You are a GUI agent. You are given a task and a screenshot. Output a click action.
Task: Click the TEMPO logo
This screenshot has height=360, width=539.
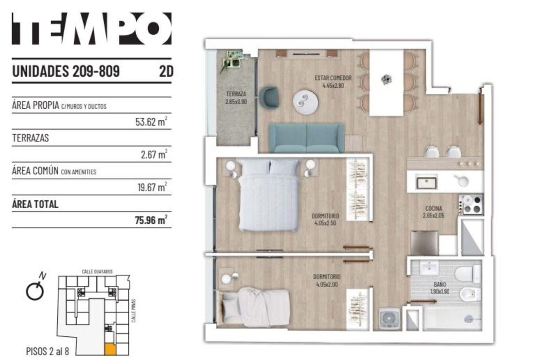pos(92,28)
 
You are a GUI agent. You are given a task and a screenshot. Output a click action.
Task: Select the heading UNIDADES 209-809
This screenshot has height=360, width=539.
pos(66,71)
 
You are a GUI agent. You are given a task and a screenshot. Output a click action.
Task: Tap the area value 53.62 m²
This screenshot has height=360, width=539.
pos(151,121)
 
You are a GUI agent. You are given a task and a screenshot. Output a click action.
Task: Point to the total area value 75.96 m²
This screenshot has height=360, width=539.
pos(151,220)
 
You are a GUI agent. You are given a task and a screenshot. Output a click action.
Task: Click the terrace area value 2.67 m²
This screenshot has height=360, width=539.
pos(154,155)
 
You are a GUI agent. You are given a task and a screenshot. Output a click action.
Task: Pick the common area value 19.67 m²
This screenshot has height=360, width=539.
pos(152,187)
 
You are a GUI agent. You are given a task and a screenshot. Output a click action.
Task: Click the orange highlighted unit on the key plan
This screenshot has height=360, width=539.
pos(110,349)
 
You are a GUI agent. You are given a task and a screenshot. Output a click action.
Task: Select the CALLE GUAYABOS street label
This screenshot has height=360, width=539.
pos(97,271)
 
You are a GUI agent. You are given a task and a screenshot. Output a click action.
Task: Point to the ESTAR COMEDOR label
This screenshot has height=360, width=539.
pos(333,78)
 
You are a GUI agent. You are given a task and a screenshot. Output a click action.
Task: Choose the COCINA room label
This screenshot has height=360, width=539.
pos(434,208)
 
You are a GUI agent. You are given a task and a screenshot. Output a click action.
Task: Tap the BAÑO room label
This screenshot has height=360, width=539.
pos(440,285)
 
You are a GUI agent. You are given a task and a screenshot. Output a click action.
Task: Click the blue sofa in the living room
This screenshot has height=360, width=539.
pos(306,138)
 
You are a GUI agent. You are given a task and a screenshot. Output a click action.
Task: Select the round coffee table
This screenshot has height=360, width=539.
pos(306,102)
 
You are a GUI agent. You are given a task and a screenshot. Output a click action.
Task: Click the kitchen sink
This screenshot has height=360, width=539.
pos(426,183)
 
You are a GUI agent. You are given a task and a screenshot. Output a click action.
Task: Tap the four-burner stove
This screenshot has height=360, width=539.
pos(471,205)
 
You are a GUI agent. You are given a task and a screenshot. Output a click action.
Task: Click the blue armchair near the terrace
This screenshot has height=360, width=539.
pos(269,97)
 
